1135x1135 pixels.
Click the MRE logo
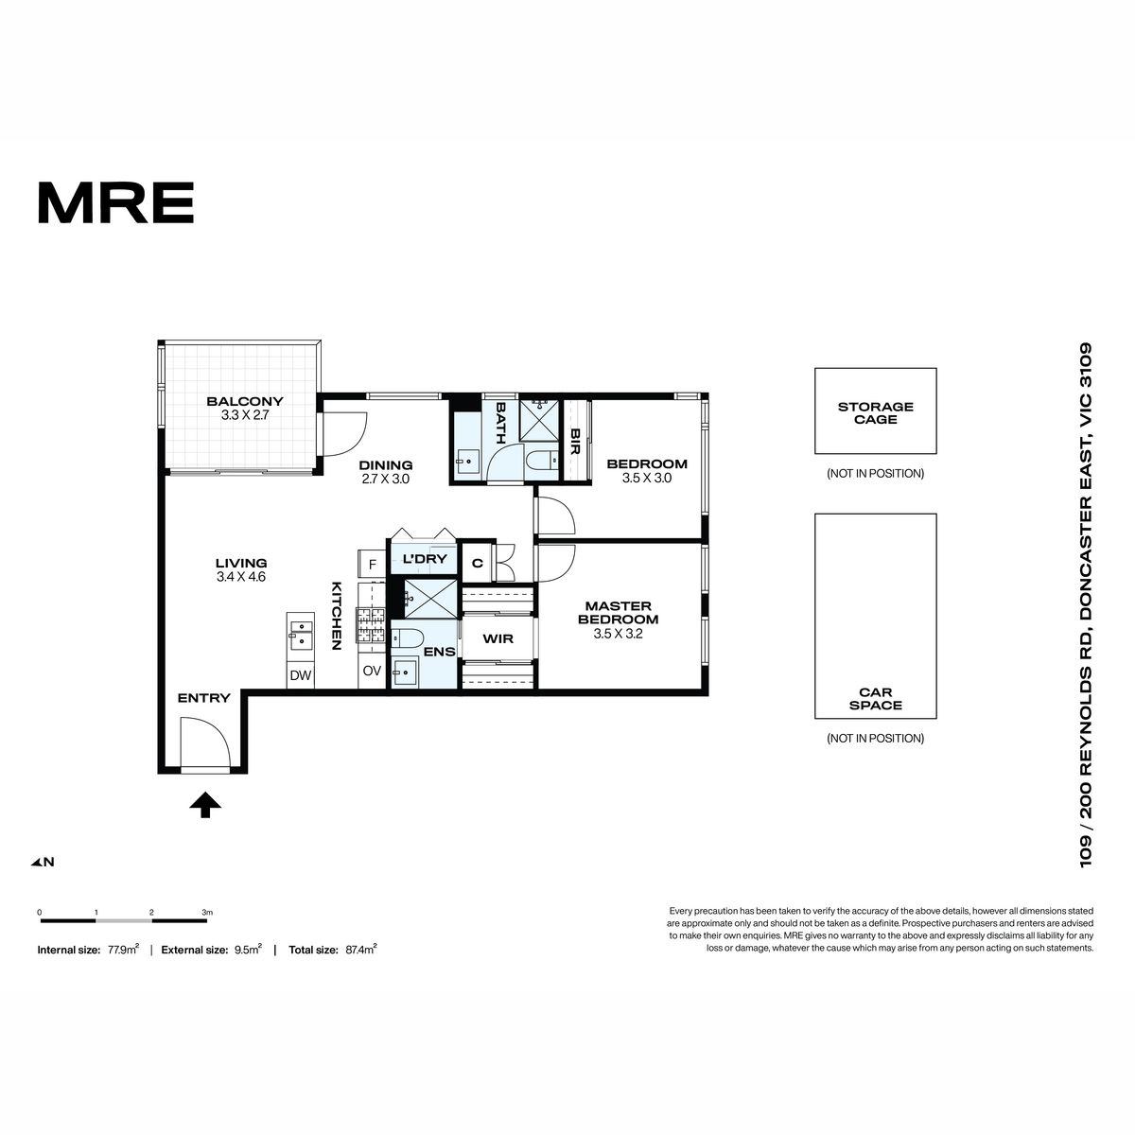pyautogui.click(x=115, y=202)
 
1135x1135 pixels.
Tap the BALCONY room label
pyautogui.click(x=244, y=401)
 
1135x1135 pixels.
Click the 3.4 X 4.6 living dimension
pyautogui.click(x=241, y=577)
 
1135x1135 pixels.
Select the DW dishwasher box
pyautogui.click(x=301, y=675)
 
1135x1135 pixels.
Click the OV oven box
pyautogui.click(x=372, y=671)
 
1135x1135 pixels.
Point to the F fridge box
pyautogui.click(x=373, y=565)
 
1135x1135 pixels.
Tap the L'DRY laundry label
pyautogui.click(x=425, y=558)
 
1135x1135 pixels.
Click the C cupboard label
pyautogui.click(x=477, y=563)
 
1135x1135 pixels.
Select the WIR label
pyautogui.click(x=498, y=638)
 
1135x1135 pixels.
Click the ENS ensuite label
pyautogui.click(x=440, y=652)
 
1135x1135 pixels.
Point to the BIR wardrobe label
pyautogui.click(x=575, y=441)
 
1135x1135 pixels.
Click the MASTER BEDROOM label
pyautogui.click(x=618, y=612)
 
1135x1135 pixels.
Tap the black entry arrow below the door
pyautogui.click(x=205, y=805)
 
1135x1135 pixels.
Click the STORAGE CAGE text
pyautogui.click(x=875, y=413)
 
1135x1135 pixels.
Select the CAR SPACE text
pyautogui.click(x=875, y=699)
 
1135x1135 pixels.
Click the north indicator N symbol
pyautogui.click(x=43, y=862)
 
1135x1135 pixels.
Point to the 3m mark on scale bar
pyautogui.click(x=207, y=913)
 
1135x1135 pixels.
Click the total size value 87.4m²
pyautogui.click(x=361, y=949)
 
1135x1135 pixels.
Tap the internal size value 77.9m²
pyautogui.click(x=123, y=949)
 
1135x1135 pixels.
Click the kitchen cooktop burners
pyautogui.click(x=370, y=625)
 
